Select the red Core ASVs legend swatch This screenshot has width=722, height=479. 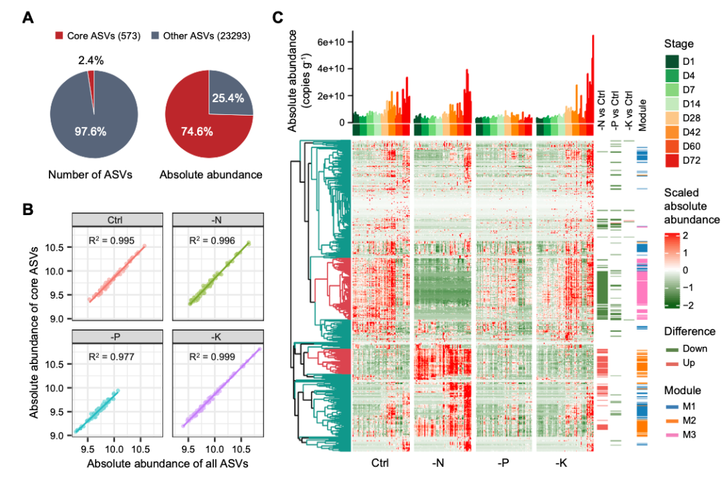click(59, 35)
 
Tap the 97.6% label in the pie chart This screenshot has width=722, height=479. click(90, 131)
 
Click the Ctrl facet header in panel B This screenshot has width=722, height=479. click(117, 220)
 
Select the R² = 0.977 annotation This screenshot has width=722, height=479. click(112, 357)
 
